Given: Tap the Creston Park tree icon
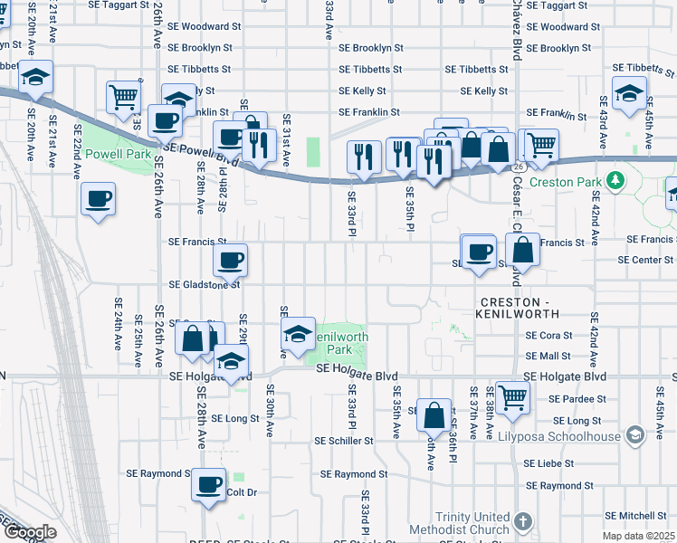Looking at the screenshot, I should pyautogui.click(x=615, y=181).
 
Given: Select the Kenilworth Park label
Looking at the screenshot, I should pyautogui.click(x=335, y=342).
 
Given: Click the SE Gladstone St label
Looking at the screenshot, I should pyautogui.click(x=204, y=283).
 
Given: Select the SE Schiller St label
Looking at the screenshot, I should pyautogui.click(x=343, y=441).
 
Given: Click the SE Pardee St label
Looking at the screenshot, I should pyautogui.click(x=577, y=398).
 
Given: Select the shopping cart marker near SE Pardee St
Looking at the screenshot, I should pyautogui.click(x=512, y=395).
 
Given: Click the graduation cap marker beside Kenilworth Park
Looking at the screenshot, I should pyautogui.click(x=298, y=333).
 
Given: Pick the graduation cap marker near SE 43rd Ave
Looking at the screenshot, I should pyautogui.click(x=629, y=92).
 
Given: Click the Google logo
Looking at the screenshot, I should pyautogui.click(x=31, y=532).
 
